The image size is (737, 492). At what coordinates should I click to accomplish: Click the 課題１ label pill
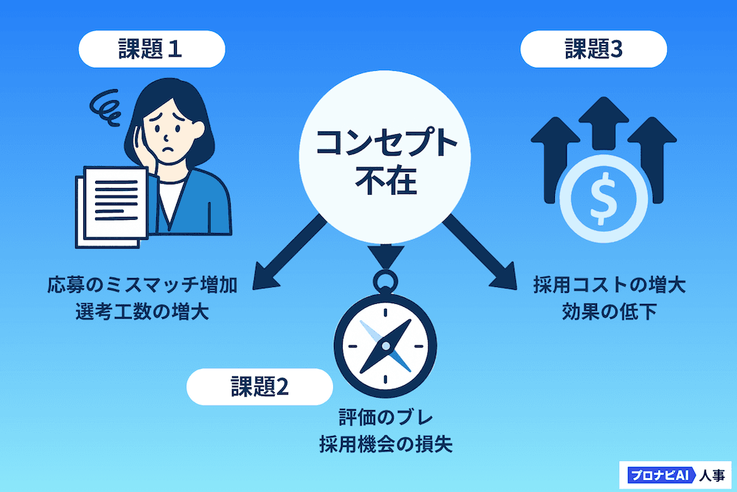[x=151, y=49]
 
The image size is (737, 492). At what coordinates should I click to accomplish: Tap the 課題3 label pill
[x=593, y=49]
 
